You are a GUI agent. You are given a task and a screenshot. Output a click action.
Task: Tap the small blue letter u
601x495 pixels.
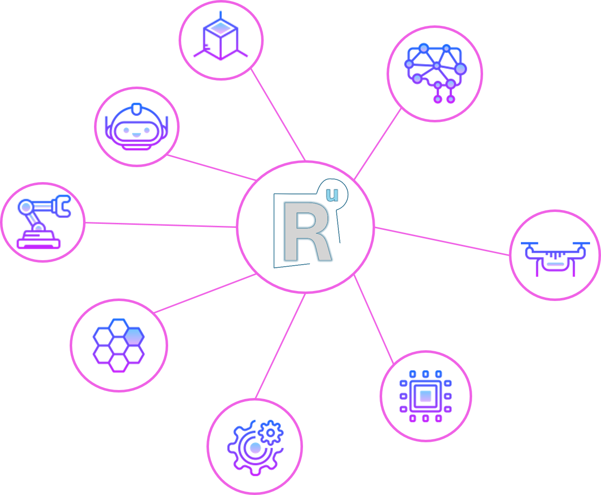332,195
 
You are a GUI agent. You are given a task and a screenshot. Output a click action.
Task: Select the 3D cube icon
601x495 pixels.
220,36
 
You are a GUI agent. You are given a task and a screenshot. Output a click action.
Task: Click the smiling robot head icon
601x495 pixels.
136,127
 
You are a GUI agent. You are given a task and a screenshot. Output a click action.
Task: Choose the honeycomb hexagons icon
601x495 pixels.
118,345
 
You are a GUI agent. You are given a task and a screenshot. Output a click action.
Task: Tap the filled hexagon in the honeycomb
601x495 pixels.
134,336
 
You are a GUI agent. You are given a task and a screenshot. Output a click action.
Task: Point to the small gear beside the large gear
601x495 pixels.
270,432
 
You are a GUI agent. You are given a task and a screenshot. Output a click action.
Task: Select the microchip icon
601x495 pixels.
425,396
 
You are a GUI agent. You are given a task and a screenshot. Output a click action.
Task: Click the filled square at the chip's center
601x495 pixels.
425,396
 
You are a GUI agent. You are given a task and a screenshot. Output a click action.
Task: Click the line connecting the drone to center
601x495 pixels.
442,241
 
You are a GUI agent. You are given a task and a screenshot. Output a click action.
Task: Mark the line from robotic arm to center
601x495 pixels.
161,225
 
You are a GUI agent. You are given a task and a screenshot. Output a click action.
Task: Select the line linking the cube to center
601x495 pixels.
278,114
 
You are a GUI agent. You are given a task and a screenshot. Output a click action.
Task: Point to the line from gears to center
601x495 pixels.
280,346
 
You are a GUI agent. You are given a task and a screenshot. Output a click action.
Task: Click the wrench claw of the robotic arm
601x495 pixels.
62,206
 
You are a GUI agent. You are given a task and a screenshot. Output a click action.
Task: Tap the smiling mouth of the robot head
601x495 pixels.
136,135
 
